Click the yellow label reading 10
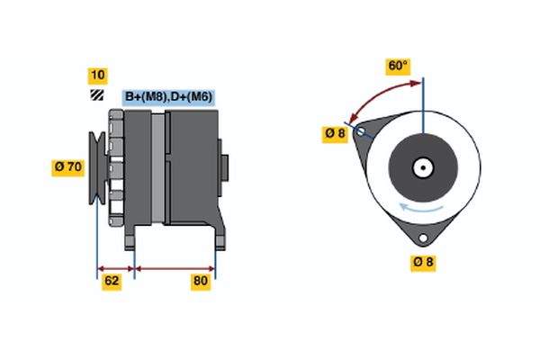(96, 75)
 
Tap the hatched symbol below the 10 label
(96, 95)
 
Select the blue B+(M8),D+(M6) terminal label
(168, 97)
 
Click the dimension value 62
(112, 282)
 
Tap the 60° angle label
(398, 67)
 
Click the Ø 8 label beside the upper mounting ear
(335, 134)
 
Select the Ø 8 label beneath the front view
(423, 262)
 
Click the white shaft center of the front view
(422, 166)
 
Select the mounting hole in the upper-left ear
(362, 131)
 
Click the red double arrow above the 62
(115, 268)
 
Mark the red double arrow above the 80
(175, 268)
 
